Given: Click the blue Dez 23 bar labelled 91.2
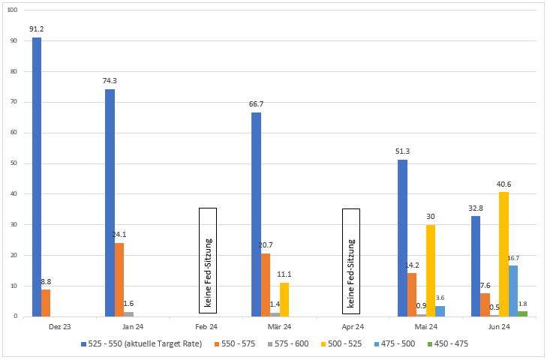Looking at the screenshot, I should [x=37, y=177].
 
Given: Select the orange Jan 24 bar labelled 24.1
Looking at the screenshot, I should [x=119, y=280].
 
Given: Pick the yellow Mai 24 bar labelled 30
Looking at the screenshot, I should [x=431, y=271].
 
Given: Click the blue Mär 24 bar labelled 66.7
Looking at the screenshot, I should [x=256, y=214].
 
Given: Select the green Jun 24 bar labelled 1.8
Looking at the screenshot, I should [x=522, y=313].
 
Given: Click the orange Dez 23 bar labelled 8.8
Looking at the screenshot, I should [x=47, y=303].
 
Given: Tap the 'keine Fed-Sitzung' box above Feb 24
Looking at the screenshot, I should [x=208, y=259].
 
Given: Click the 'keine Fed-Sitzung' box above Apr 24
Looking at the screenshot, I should [x=351, y=259].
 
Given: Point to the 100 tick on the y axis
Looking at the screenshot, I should [x=14, y=10].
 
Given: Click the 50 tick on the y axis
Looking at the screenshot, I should [x=16, y=163].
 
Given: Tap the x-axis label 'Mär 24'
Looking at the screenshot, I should [x=278, y=326].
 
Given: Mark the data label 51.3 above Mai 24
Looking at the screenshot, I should [x=404, y=151].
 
